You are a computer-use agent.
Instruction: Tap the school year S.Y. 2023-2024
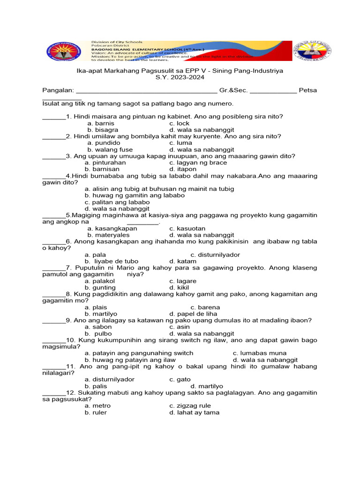click(180, 77)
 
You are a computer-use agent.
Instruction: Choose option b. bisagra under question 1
click(102, 129)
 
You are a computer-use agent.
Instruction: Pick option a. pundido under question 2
click(104, 142)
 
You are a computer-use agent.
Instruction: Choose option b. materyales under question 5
click(108, 235)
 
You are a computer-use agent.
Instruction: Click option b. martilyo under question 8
click(101, 314)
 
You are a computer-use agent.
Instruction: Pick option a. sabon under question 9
click(98, 327)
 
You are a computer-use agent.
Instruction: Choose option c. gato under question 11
click(180, 379)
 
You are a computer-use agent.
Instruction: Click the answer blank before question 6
click(54, 242)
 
